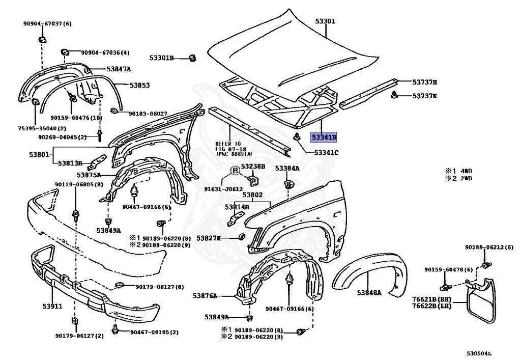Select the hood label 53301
click(325, 21)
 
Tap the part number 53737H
click(425, 81)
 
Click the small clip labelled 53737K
click(394, 95)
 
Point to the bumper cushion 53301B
click(192, 58)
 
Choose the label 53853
click(139, 86)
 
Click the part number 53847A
click(119, 69)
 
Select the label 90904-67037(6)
click(47, 23)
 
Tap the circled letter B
click(235, 171)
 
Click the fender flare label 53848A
click(369, 292)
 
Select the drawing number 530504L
click(483, 352)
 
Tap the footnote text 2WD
click(466, 178)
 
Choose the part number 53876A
click(205, 296)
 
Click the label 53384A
click(287, 168)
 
